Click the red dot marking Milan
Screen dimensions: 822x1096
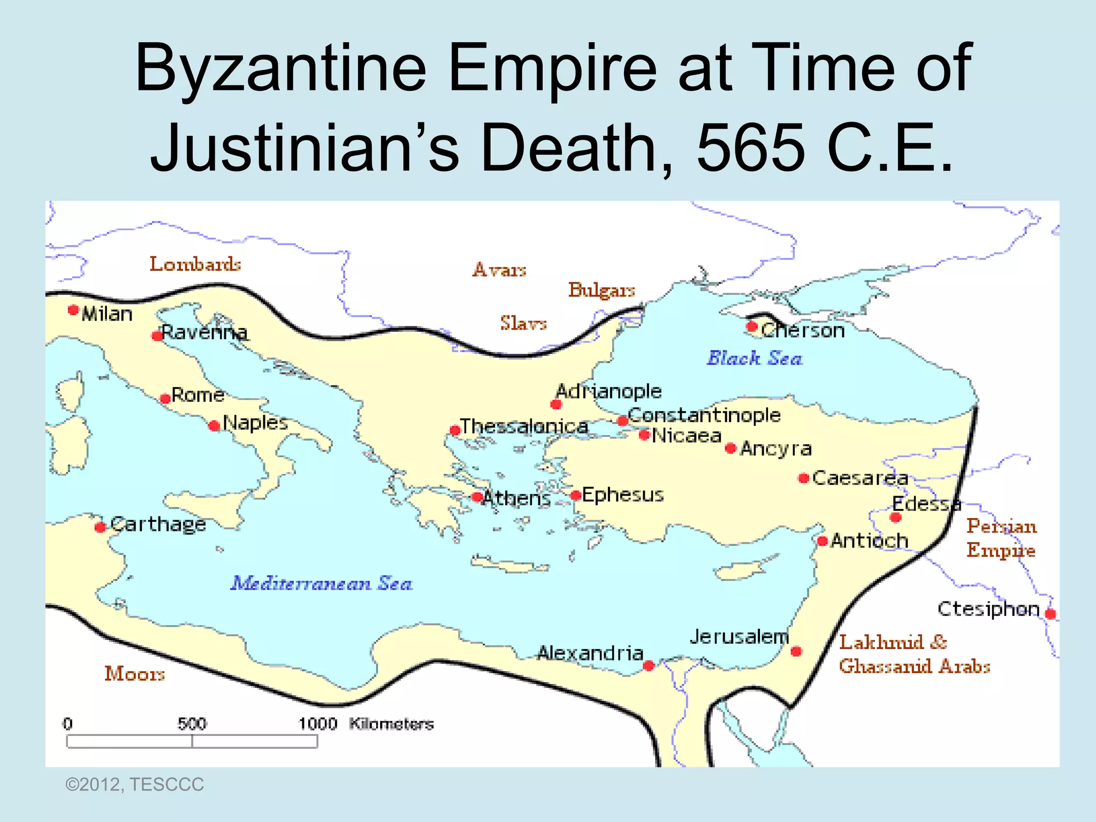(x=73, y=310)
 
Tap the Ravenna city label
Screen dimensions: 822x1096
(x=204, y=333)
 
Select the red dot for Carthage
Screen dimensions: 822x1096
(x=100, y=527)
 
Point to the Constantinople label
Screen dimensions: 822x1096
(x=704, y=415)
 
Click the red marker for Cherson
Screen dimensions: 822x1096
(x=752, y=326)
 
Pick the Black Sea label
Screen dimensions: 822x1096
(x=755, y=358)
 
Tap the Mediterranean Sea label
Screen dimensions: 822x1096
(x=321, y=583)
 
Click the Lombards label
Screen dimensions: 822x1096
(x=195, y=264)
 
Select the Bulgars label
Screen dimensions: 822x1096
(x=602, y=290)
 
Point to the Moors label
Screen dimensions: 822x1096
(x=134, y=673)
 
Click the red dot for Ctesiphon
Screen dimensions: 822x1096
(x=1051, y=614)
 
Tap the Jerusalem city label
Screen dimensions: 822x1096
(x=739, y=637)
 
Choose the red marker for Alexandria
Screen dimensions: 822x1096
(x=649, y=666)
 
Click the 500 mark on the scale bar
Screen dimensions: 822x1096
(x=192, y=724)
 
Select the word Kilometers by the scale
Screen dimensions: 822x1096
(x=391, y=724)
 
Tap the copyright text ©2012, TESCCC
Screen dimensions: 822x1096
(x=134, y=785)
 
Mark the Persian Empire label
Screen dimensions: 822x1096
(x=1001, y=538)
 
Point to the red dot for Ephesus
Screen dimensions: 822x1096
(x=576, y=496)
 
